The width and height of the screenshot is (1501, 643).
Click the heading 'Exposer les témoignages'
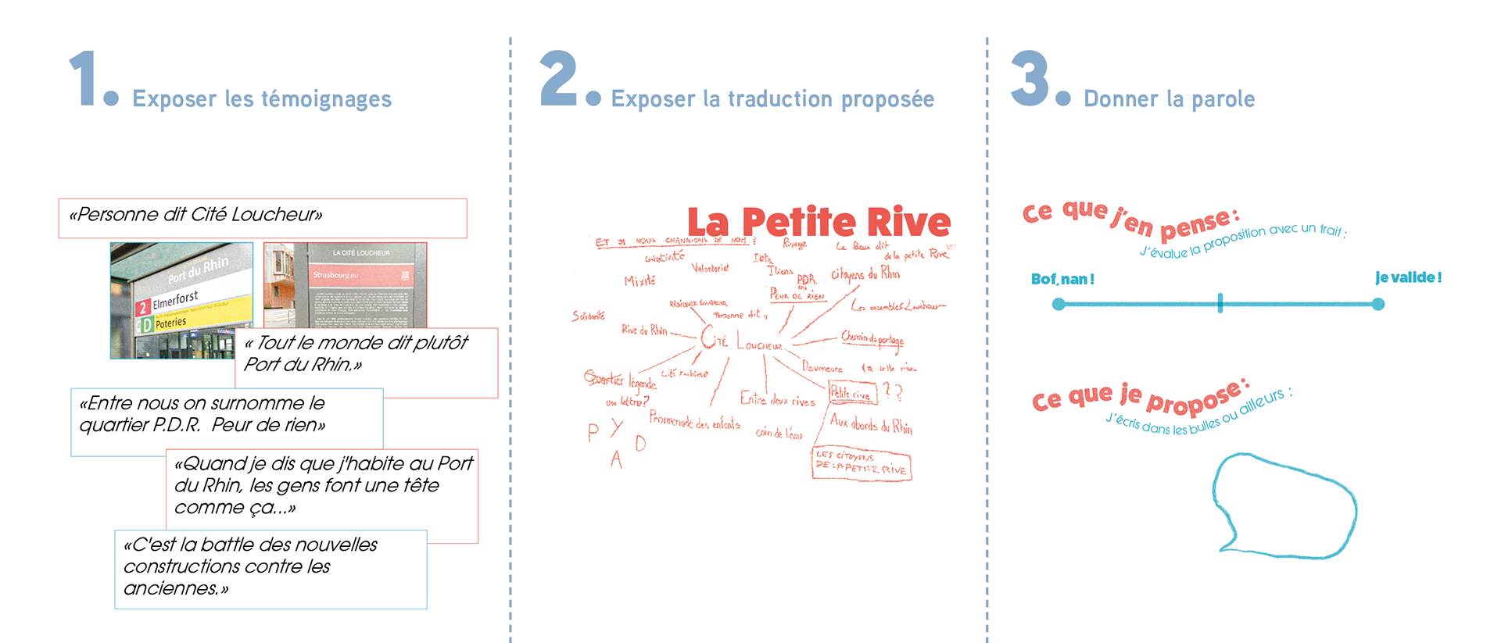[x=262, y=99]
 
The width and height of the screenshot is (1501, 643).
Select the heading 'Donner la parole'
[x=1169, y=99]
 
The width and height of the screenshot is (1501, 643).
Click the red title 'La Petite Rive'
[x=819, y=223]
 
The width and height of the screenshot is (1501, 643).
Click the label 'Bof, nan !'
[x=1062, y=280]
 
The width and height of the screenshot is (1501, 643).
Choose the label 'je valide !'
[x=1408, y=277]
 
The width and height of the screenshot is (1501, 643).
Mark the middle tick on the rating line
[x=1220, y=304]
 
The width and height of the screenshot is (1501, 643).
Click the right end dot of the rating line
[x=1378, y=304]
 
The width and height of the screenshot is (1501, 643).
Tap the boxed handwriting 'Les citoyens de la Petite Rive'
[x=861, y=463]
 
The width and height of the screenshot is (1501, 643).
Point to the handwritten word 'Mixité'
[x=639, y=280]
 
